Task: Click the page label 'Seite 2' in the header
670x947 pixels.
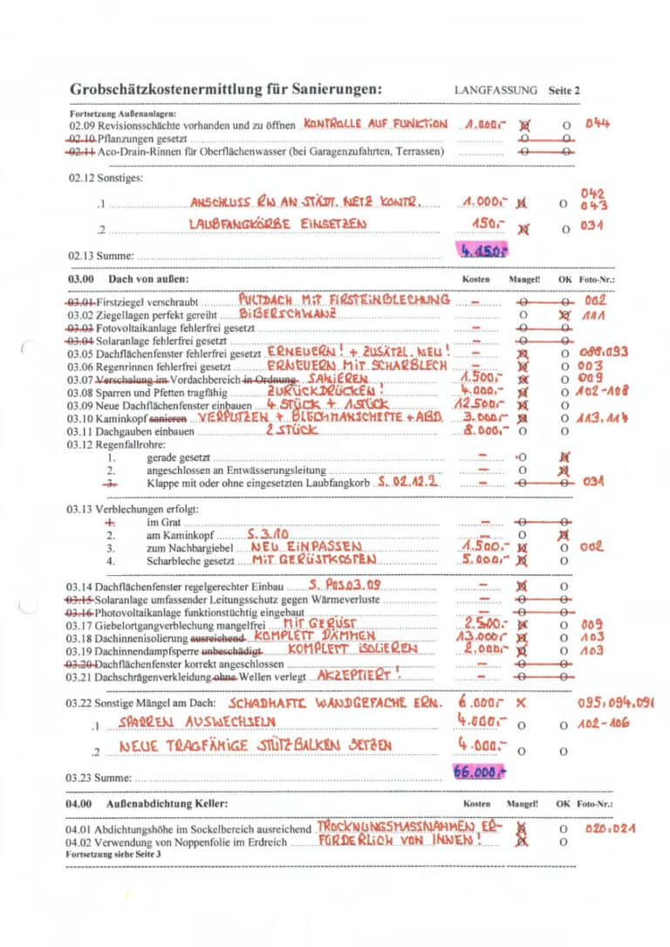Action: [564, 90]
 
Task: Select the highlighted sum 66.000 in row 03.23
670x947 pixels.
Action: [479, 771]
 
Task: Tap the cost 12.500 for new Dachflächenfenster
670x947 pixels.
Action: [478, 405]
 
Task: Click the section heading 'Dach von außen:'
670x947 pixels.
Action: [148, 279]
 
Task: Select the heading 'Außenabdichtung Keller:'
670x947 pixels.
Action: [167, 803]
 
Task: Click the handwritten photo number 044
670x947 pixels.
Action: [598, 123]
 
